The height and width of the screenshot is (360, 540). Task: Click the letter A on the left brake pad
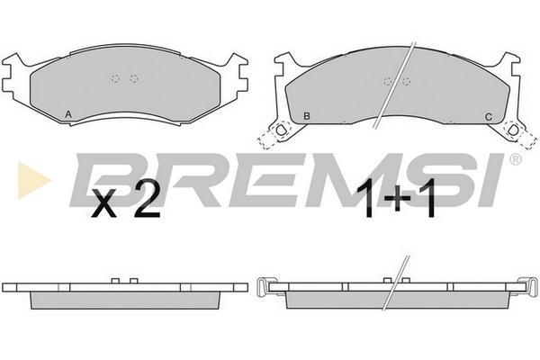68,114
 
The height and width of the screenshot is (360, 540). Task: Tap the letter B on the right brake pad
307,116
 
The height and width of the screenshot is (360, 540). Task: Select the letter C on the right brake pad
489,117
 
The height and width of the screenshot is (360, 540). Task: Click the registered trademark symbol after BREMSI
515,159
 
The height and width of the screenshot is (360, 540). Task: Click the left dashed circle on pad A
116,79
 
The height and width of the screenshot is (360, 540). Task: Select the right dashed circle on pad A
134,79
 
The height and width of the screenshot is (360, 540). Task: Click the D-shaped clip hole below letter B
281,130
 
